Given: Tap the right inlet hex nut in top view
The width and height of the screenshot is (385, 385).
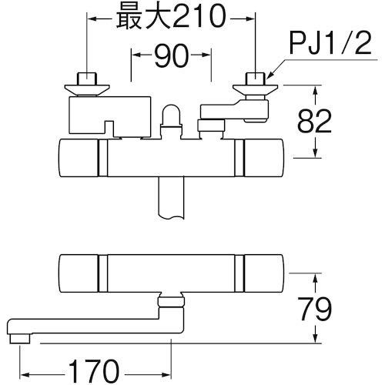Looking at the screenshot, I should pyautogui.click(x=254, y=79).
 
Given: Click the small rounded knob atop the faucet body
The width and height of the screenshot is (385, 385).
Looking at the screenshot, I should pyautogui.click(x=171, y=117).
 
